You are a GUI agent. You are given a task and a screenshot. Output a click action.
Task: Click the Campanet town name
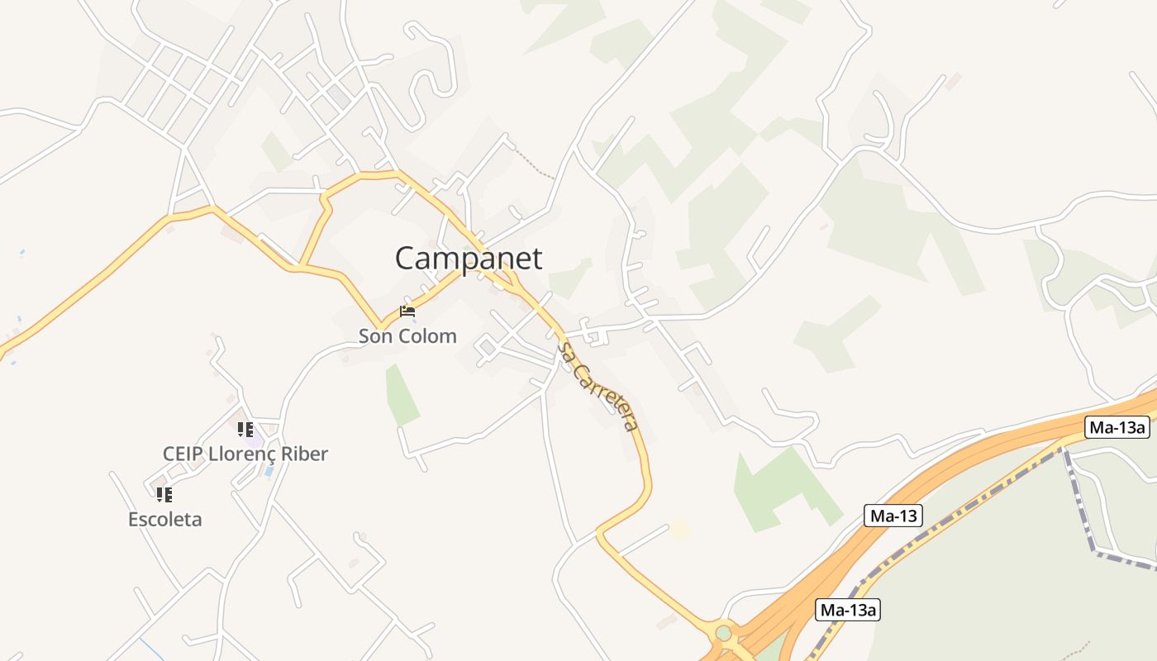pos(469,259)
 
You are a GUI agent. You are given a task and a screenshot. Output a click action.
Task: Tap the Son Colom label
pos(407,336)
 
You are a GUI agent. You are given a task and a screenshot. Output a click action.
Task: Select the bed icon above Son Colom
pos(407,311)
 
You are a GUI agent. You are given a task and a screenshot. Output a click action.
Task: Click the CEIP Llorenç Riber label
pos(245,454)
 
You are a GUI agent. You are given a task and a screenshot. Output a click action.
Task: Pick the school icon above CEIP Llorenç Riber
pos(245,429)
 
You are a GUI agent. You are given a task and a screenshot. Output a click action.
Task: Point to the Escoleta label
pos(164,520)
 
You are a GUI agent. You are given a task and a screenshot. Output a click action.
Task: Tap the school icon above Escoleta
pos(164,495)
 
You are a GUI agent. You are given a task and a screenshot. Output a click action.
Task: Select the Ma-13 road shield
pos(893,516)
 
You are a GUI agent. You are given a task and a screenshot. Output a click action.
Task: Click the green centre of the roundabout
pos(724,633)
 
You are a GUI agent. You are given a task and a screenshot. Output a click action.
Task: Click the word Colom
pos(426,336)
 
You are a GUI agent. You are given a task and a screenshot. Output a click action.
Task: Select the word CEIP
pos(183,454)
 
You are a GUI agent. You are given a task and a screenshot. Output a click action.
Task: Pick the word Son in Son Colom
pos(375,336)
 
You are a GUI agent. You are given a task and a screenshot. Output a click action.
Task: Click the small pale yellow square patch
pos(680,529)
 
